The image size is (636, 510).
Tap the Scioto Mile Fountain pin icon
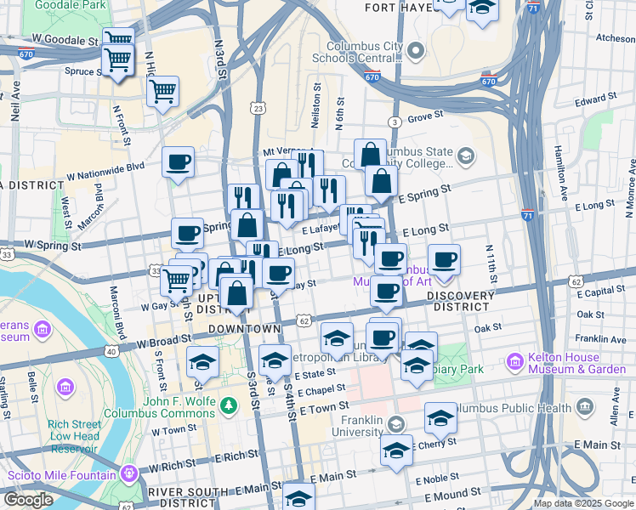pos(129,472)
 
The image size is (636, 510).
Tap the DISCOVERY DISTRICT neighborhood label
pos(460,301)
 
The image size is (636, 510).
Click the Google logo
pos(27,500)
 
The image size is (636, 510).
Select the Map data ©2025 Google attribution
pos(583,503)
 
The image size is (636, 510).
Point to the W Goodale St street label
pos(65,40)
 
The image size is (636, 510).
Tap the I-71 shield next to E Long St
pos(528,216)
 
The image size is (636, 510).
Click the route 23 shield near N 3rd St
pos(258,108)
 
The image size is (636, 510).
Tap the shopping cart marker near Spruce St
pos(118,60)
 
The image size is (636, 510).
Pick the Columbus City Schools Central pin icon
pos(416,51)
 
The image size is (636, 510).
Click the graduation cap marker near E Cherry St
pos(396,450)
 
